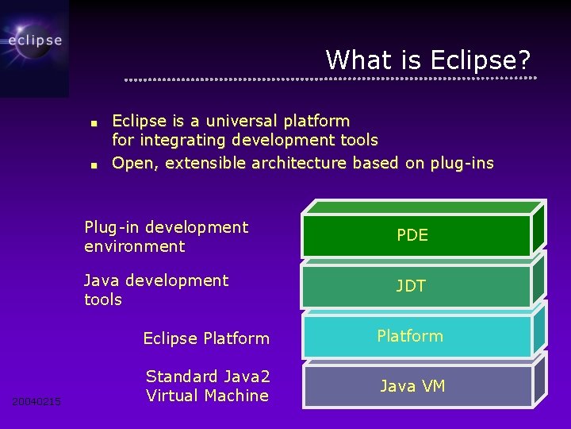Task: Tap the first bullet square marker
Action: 93,124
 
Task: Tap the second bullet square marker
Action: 93,166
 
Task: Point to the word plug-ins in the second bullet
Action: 461,164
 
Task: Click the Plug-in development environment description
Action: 166,237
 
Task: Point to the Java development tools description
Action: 155,290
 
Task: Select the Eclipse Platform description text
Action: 206,338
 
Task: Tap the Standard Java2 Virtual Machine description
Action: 207,386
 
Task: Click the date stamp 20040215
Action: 36,401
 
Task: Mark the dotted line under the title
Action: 331,79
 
